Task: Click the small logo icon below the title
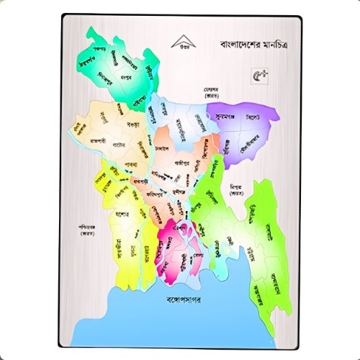(x=257, y=73)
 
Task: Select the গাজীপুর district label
(x=181, y=162)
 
